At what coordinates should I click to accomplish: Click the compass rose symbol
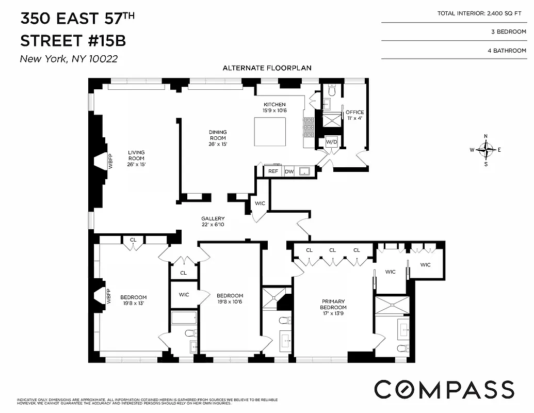point(486,150)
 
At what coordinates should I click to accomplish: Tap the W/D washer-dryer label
point(331,142)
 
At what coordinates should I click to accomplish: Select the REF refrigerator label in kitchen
point(273,171)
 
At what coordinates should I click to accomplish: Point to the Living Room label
point(136,158)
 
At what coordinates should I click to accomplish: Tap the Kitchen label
point(274,107)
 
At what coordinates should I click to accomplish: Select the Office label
point(354,115)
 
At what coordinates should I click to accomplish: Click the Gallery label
point(213,221)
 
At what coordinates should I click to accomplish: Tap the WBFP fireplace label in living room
point(109,162)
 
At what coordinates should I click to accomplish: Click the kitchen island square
point(270,132)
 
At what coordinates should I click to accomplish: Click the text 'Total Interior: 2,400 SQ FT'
point(481,13)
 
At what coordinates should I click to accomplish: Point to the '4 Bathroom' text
point(508,51)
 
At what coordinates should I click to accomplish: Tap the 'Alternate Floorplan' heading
point(267,68)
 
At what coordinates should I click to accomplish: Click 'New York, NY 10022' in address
point(69,59)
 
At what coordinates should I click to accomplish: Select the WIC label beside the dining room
point(260,203)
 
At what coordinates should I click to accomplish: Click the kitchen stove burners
point(309,127)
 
